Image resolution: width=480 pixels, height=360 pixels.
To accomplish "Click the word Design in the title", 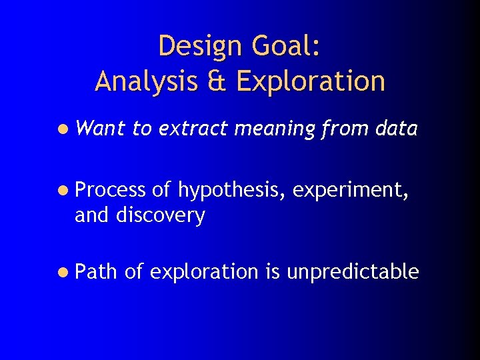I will [x=199, y=47].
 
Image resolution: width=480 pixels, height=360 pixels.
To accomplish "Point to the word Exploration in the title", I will [x=310, y=81].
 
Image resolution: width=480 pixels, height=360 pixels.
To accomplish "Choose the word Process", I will [x=109, y=191].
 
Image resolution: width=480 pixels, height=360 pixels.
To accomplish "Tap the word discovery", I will [x=161, y=215].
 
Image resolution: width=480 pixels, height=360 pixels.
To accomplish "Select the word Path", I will [x=96, y=271].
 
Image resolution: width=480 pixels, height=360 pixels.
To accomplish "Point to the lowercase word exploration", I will [x=204, y=272].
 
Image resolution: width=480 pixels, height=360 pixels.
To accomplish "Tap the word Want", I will [x=100, y=129].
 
